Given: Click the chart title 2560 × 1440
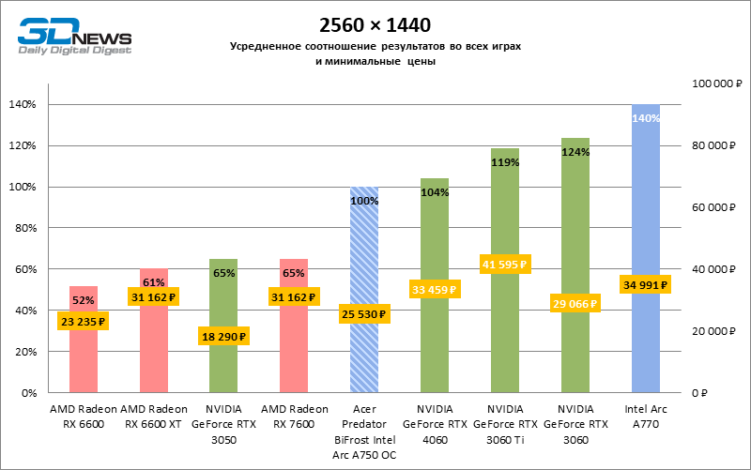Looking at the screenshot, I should [x=375, y=23].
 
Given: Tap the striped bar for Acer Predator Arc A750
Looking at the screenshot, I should [x=364, y=263].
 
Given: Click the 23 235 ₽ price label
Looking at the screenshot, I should [x=84, y=321].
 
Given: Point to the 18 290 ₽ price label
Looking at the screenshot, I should [x=223, y=336].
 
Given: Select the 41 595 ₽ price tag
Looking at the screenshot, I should [x=504, y=265].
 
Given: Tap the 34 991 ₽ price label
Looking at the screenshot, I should [x=645, y=284].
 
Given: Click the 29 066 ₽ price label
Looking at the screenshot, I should [x=575, y=304].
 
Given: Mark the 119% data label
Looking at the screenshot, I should [x=504, y=162].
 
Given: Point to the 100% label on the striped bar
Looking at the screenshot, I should [x=364, y=201].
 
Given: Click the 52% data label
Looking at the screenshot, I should [x=84, y=300].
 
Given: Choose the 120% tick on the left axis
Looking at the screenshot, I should [x=23, y=145].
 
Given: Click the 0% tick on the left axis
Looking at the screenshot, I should [x=28, y=393].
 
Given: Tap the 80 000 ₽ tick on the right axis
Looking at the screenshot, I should [x=710, y=145].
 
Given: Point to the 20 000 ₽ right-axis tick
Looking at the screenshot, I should [x=710, y=331].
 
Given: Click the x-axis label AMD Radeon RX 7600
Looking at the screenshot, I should [x=294, y=417].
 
